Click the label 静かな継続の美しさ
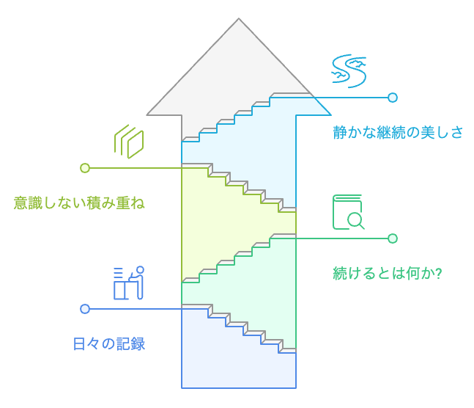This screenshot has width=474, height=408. (x=398, y=133)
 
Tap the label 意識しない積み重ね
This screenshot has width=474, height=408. (x=79, y=203)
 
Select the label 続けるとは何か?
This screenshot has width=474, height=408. (x=391, y=273)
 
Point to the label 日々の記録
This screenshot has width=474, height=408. (x=109, y=343)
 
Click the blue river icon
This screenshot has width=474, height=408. (x=349, y=70)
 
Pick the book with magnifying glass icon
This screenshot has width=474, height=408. (x=348, y=211)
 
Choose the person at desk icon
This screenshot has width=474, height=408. (x=128, y=283)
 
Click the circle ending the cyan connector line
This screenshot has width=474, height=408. (x=393, y=98)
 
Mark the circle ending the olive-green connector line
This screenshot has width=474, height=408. (x=85, y=168)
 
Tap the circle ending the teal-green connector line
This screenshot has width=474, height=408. (x=393, y=238)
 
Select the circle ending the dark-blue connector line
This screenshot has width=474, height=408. (x=85, y=309)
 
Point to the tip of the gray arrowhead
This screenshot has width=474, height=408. (x=239, y=20)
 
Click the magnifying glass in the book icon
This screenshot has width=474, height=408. (x=355, y=219)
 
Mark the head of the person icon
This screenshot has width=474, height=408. (x=140, y=269)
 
